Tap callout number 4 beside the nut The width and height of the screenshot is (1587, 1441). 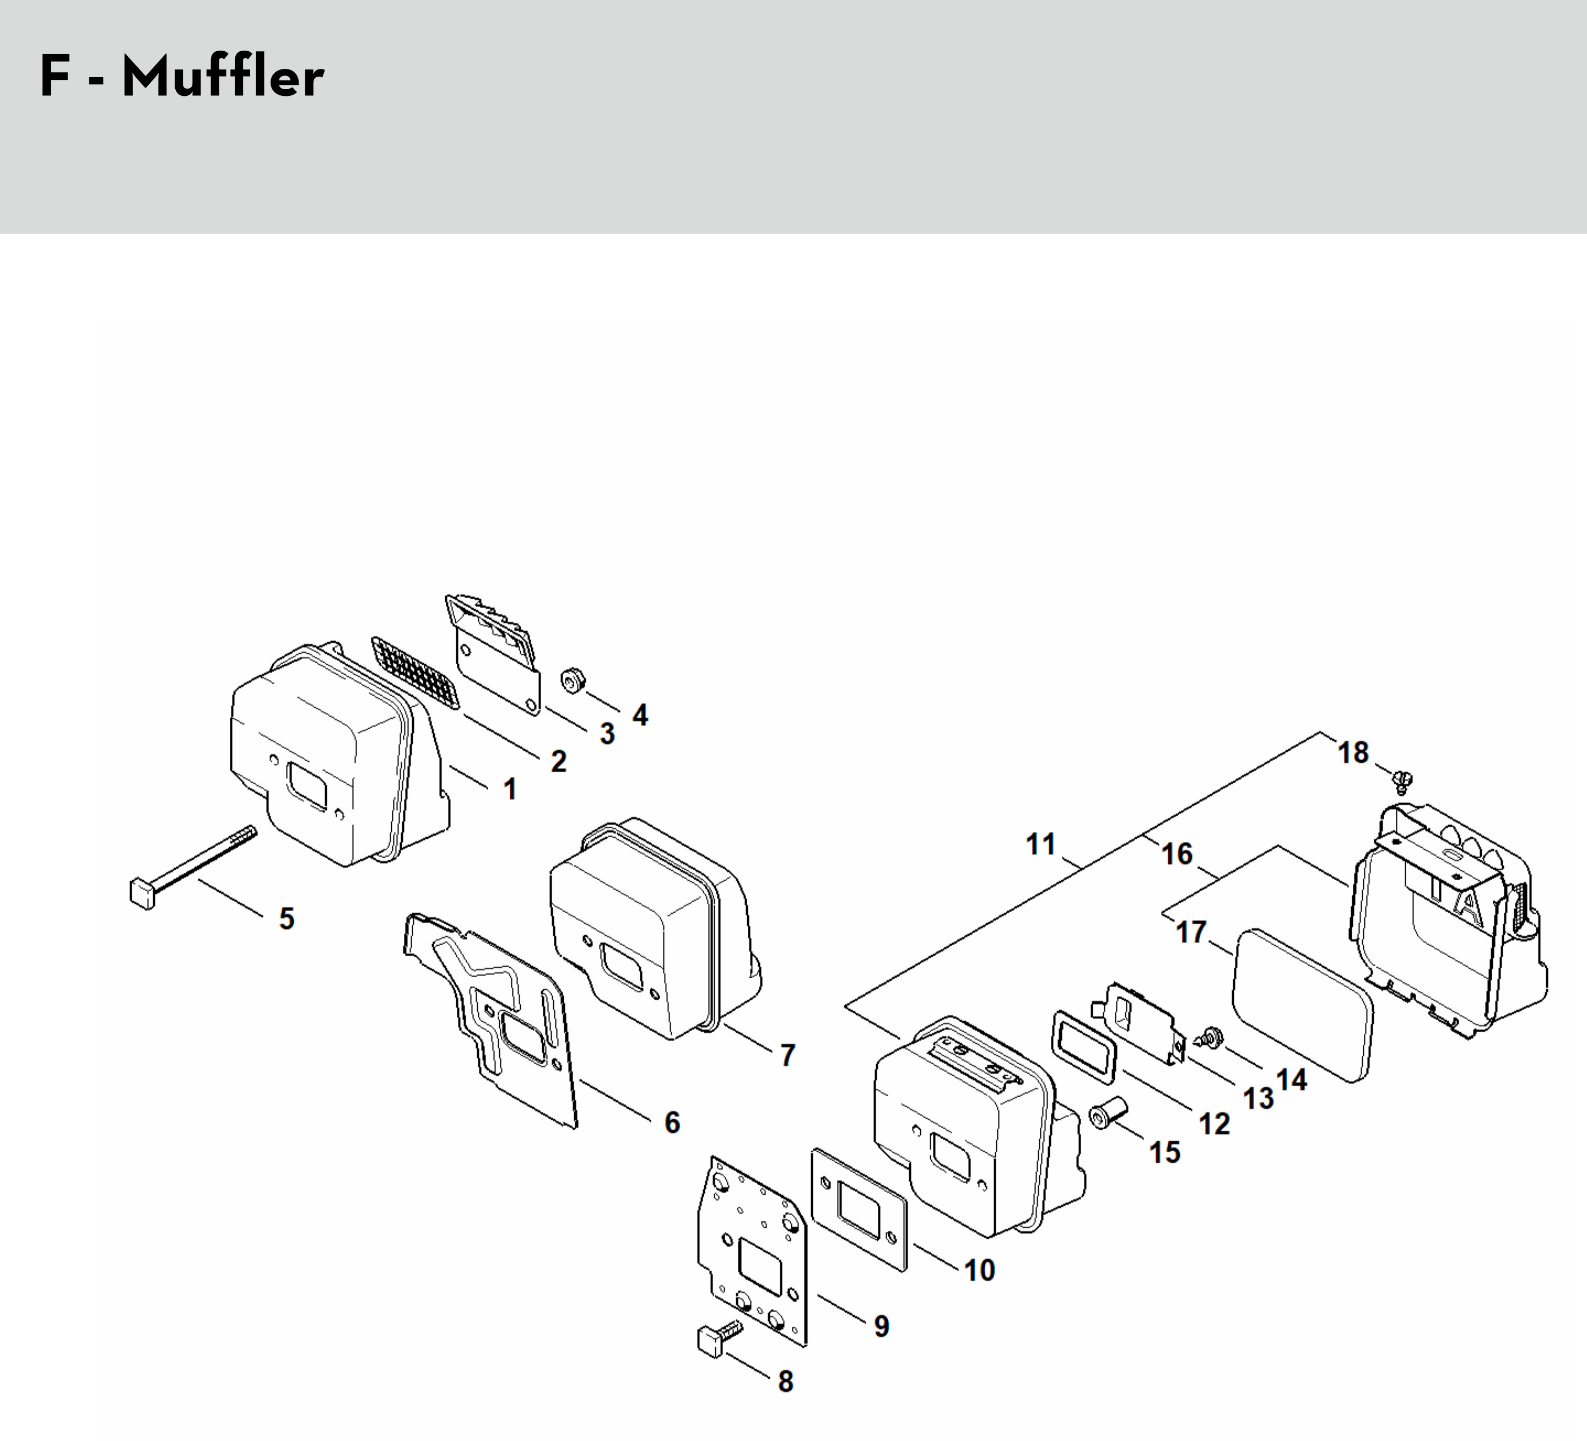[x=640, y=716]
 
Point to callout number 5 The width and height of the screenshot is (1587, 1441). [x=287, y=918]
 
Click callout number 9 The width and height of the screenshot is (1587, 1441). [x=882, y=1326]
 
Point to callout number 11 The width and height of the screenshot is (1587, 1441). [x=1041, y=844]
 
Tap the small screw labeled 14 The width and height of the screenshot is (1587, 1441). [x=1210, y=1037]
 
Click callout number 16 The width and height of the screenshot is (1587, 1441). [x=1177, y=854]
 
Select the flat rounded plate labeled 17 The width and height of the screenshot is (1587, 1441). [x=1301, y=1004]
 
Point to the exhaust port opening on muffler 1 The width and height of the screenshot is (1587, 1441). [x=311, y=782]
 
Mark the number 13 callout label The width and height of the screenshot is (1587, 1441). [x=1258, y=1098]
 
